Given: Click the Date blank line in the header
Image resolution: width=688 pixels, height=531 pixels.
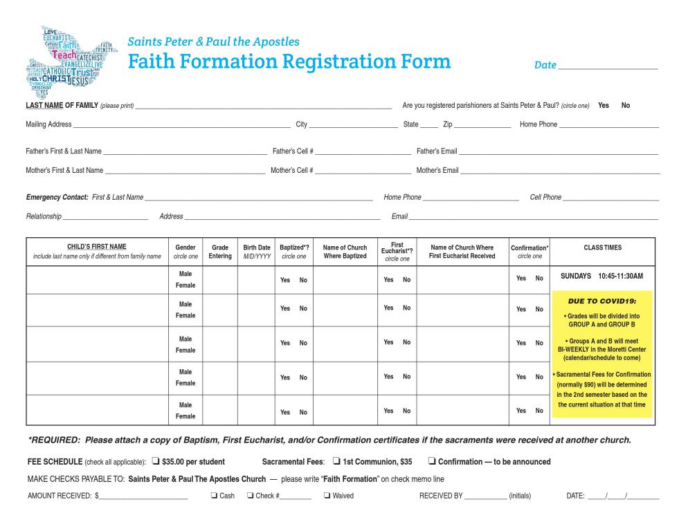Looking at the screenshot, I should point(608,67).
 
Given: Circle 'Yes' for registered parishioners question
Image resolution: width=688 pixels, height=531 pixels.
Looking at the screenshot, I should point(604,106).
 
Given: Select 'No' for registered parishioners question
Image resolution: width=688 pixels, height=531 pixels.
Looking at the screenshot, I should point(626,106).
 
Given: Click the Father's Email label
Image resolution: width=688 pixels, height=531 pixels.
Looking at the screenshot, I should point(437,151).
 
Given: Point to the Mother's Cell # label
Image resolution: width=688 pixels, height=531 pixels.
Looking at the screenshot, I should point(292,170).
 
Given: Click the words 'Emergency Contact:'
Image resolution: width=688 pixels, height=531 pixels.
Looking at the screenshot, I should point(57,197).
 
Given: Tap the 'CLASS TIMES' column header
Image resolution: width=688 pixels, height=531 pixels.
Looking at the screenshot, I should point(603,248).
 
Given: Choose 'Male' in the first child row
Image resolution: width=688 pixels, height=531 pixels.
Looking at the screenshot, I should point(185,274).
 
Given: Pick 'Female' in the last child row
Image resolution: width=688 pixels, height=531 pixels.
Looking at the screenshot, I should point(185,416).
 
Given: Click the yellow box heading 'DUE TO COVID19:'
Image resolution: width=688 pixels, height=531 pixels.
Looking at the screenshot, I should point(601,301).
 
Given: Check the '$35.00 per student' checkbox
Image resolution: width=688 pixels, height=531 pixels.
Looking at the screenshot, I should point(156,462).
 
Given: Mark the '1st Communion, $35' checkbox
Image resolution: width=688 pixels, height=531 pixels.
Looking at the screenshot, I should point(336,462).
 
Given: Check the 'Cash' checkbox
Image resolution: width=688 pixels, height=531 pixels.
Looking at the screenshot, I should point(214,496).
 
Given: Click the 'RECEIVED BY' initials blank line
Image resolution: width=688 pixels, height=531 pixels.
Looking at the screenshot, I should point(485,497).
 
